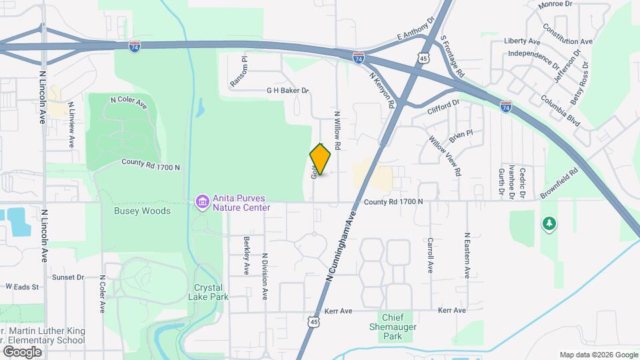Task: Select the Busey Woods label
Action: coord(133,211)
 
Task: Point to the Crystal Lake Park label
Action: coord(211,292)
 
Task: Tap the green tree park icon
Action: coord(549,224)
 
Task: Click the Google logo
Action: coord(22,351)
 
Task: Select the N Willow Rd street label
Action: coord(338,130)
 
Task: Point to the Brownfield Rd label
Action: coord(559,181)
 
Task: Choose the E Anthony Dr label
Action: coord(415,30)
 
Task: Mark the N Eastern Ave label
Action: coord(468,255)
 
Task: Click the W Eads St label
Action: coord(23,287)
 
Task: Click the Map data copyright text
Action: coord(598,354)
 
